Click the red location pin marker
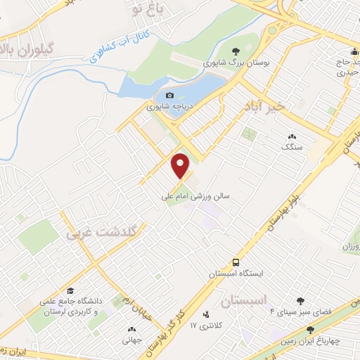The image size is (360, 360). click(181, 165)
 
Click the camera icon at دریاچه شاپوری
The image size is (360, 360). click(169, 96)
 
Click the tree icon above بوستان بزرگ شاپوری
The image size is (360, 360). click(235, 51)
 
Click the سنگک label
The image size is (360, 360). click(291, 148)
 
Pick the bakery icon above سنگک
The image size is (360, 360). click(292, 136)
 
